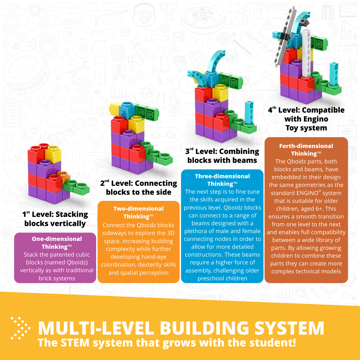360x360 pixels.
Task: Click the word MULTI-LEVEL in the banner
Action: pyautogui.click(x=96, y=328)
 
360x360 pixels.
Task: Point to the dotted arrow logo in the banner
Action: pyautogui.click(x=20, y=328)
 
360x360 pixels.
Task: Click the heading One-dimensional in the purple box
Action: pyautogui.click(x=57, y=239)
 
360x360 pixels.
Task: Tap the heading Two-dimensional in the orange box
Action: pyautogui.click(x=139, y=208)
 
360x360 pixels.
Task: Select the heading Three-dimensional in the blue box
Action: pyautogui.click(x=222, y=176)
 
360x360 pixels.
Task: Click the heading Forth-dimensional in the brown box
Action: pyautogui.click(x=306, y=146)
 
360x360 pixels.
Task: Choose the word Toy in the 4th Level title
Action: pyautogui.click(x=292, y=128)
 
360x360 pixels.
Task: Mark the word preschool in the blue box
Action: pyautogui.click(x=210, y=278)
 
